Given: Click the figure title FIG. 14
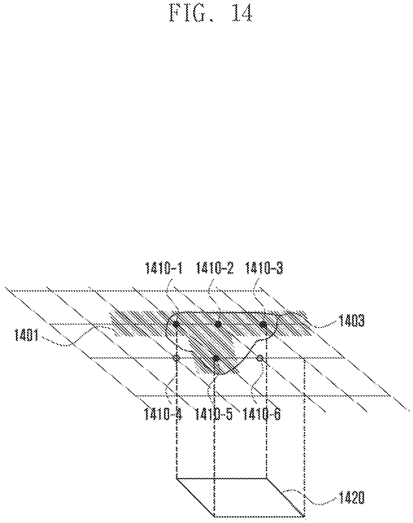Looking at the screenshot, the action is click(x=210, y=13).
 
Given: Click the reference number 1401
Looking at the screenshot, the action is click(x=26, y=335).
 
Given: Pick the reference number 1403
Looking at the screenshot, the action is click(x=352, y=321).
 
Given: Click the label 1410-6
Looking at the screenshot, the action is click(x=263, y=415).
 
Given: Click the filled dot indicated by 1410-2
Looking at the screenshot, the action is click(x=219, y=324).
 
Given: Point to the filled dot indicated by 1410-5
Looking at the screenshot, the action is click(x=215, y=358).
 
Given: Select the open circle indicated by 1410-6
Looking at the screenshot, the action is click(x=259, y=358).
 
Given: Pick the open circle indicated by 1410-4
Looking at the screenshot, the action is click(x=177, y=358).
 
